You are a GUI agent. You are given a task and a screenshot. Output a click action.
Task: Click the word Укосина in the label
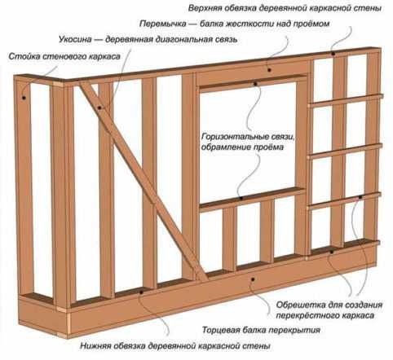75,40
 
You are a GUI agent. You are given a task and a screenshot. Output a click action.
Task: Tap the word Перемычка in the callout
163,24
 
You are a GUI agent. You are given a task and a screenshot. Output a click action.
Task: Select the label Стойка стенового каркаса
64,56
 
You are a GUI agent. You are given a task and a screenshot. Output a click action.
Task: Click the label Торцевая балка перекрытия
261,330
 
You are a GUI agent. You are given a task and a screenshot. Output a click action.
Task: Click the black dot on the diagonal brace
99,108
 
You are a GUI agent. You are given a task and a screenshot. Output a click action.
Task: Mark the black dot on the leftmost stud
24,98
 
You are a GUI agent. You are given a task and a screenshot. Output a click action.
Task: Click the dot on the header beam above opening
269,70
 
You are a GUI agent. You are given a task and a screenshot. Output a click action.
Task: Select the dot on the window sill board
241,198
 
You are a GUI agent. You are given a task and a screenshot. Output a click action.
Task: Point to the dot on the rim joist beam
253,279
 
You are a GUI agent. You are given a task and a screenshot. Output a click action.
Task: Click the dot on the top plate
333,54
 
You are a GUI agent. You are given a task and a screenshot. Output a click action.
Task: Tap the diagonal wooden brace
143,181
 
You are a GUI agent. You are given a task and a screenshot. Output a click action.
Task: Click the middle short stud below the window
267,231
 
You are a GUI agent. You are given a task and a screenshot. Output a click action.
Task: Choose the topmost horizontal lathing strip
346,100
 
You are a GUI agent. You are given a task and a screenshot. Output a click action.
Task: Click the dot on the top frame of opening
255,84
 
